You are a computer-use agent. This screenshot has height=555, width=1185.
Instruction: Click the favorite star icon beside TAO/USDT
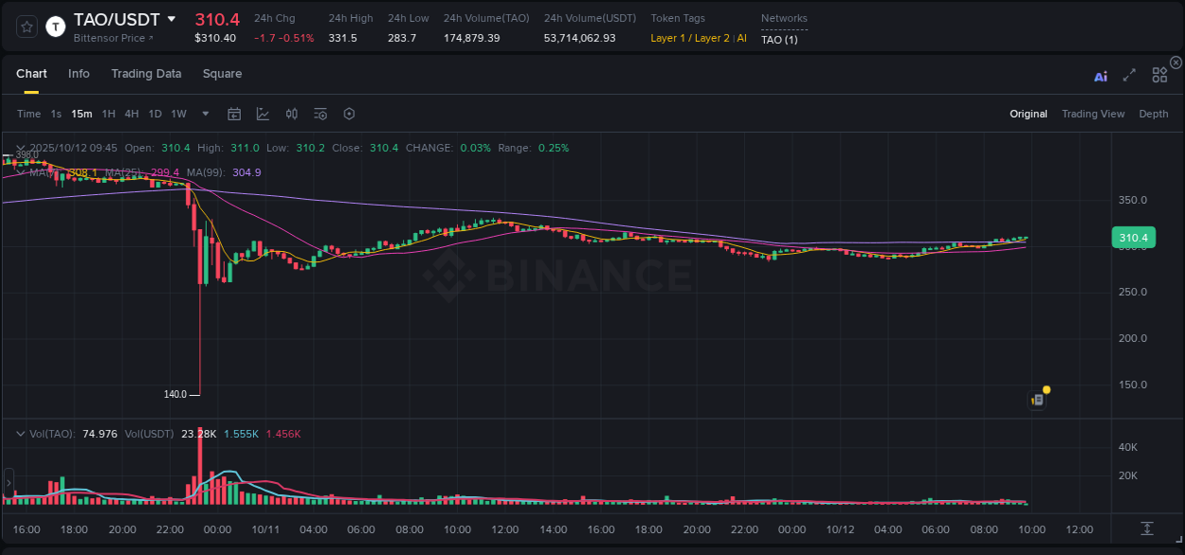coord(27,27)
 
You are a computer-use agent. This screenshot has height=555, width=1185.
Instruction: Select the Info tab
coord(79,74)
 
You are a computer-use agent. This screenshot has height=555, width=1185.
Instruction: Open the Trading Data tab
coord(146,74)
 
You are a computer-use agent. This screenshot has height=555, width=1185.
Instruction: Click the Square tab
coord(222,74)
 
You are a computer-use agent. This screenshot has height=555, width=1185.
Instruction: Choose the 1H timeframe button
coord(108,115)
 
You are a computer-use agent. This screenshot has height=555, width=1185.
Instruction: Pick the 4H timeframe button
coord(131,115)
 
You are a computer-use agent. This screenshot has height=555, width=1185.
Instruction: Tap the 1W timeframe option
coord(178,115)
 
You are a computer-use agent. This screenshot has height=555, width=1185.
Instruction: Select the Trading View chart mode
coord(1092,115)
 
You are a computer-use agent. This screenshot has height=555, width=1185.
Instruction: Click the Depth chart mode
coord(1153,115)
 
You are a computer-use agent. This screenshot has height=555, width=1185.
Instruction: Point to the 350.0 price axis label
coord(1133,201)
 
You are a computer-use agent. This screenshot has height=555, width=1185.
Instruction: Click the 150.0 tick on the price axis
coord(1133,385)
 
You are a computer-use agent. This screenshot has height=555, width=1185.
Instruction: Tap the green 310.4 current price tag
coord(1133,238)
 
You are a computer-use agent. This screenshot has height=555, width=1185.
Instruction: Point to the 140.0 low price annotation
coord(175,394)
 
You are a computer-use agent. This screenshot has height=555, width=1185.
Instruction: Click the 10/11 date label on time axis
coord(264,529)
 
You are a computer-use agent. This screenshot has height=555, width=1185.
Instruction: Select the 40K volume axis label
coord(1128,447)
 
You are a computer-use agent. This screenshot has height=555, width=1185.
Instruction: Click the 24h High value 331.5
coord(342,38)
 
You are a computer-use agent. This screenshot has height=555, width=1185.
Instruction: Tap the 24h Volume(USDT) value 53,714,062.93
coord(579,38)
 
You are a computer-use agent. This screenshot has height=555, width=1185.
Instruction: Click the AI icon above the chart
coord(1101,77)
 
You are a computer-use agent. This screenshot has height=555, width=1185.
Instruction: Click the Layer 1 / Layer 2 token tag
coord(690,38)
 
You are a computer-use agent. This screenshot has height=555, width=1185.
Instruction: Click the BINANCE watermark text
coord(588,276)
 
